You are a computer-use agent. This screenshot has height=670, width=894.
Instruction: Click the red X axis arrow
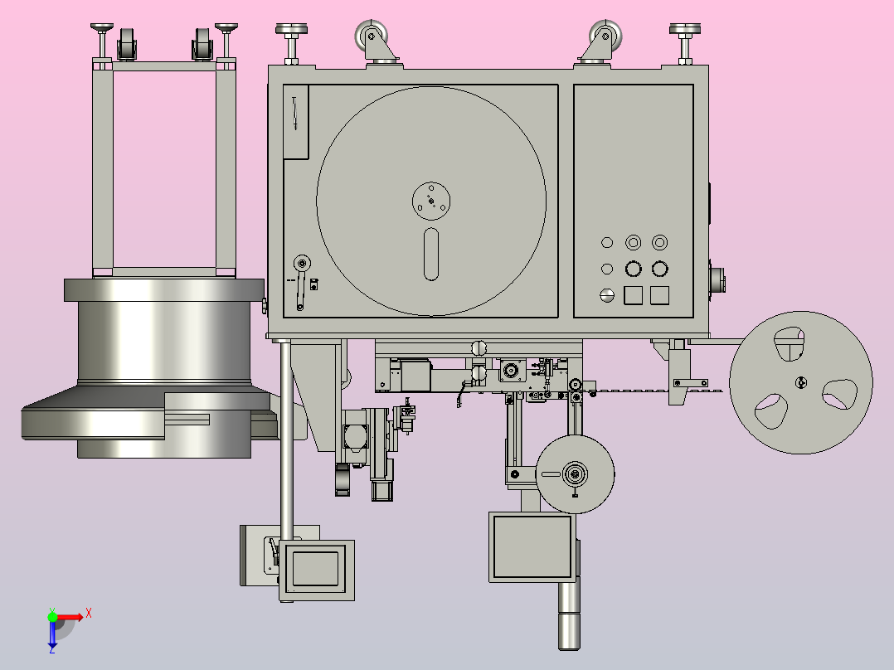click(70, 617)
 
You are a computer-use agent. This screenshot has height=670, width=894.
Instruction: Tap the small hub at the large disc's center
click(431, 201)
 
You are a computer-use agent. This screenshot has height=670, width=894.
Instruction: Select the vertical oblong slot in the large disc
click(431, 255)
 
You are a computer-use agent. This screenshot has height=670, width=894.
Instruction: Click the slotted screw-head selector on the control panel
click(607, 295)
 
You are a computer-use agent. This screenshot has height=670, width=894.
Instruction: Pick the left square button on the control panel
click(634, 295)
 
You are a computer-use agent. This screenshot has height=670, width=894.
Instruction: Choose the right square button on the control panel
click(659, 295)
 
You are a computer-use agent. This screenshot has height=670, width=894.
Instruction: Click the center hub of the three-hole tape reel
click(800, 382)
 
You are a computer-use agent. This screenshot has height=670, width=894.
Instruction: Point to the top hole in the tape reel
click(790, 344)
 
